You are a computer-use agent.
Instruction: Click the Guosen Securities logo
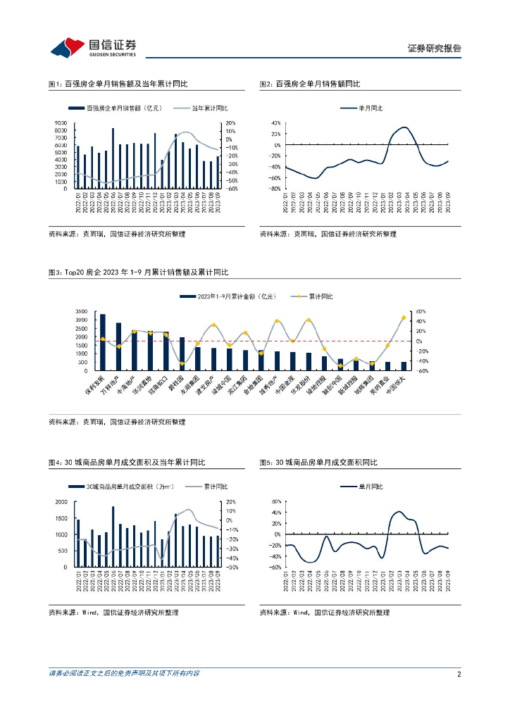(92, 47)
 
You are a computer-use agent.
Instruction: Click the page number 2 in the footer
(459, 674)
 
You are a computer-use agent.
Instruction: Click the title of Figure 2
(310, 84)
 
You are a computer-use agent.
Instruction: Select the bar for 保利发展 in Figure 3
(103, 342)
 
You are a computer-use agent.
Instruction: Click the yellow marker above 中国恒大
(404, 318)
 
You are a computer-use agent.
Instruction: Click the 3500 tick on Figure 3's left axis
(80, 311)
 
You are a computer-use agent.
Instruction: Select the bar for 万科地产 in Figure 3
(118, 346)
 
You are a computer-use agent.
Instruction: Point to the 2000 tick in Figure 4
(62, 501)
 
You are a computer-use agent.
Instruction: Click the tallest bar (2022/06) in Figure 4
(113, 537)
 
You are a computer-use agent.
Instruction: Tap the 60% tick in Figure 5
(276, 501)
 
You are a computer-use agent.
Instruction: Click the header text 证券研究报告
(435, 49)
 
